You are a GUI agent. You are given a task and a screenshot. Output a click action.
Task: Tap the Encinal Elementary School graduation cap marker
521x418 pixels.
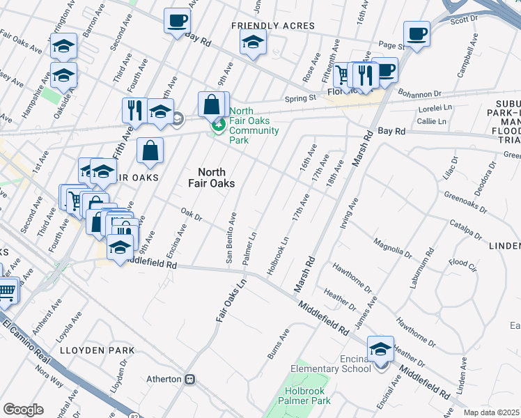380,350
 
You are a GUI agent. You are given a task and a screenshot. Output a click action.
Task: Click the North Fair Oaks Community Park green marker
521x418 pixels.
219,125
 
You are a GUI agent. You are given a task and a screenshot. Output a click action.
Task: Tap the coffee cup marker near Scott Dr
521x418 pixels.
417,34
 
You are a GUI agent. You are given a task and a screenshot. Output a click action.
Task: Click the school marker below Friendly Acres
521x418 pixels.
253,43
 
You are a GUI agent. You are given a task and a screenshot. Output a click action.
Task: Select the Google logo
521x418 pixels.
23,409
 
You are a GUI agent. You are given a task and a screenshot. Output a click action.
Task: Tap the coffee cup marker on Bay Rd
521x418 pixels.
177,21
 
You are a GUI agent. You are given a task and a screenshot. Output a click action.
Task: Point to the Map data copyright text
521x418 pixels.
492,412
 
